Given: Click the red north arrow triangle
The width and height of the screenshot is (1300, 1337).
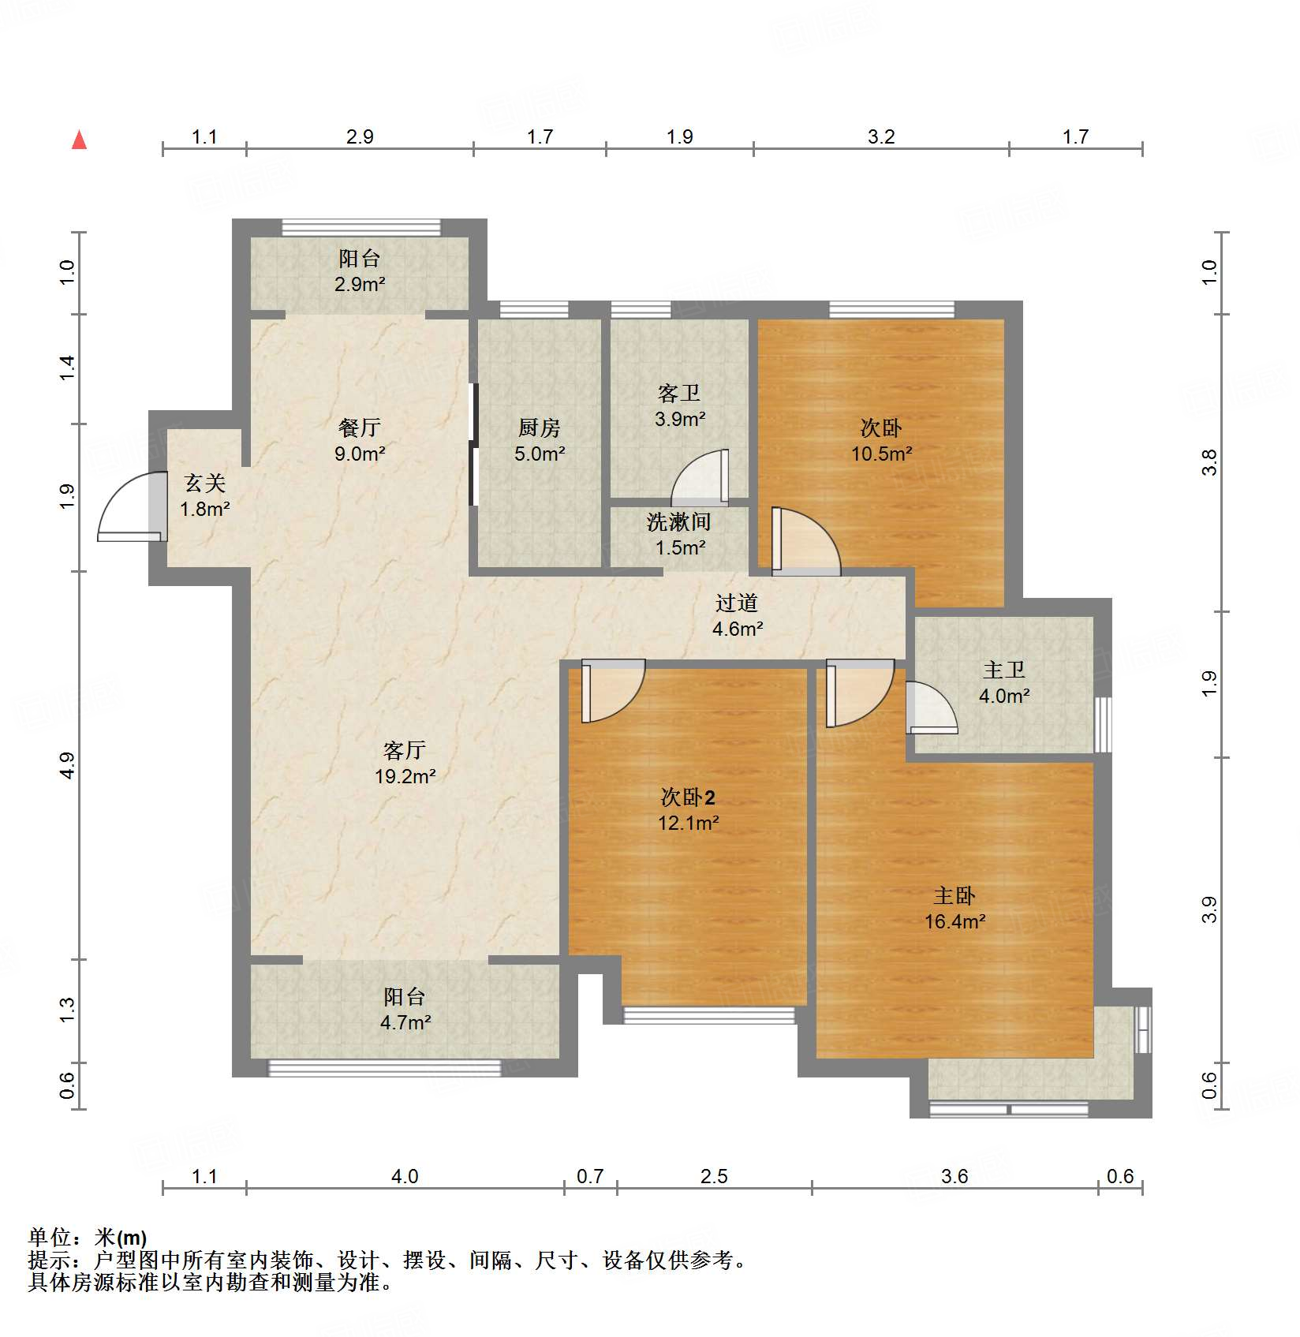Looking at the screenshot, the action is tap(79, 140).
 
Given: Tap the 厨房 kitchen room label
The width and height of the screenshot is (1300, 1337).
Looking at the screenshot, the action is tap(540, 428).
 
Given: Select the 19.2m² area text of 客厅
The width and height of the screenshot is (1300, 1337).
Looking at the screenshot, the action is tap(405, 776).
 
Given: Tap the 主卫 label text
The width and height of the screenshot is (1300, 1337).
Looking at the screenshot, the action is tap(1003, 670).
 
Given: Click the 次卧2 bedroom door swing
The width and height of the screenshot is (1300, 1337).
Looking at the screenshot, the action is tap(612, 693).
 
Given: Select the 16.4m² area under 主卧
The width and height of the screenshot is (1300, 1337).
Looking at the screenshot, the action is tap(954, 921).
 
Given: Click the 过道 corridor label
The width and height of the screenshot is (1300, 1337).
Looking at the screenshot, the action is tap(737, 603).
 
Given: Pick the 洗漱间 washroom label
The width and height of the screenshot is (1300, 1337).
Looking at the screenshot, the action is tap(678, 521).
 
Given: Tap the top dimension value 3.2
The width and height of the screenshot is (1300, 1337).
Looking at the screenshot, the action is tap(881, 136).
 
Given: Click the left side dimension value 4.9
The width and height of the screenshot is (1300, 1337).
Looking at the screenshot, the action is tap(67, 765).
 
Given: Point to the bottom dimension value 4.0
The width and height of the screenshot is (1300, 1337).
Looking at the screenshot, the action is tap(404, 1176).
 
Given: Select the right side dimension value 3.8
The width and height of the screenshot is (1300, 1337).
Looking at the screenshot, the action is tap(1210, 462).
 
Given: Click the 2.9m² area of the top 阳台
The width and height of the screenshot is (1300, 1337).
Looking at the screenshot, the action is tap(359, 284).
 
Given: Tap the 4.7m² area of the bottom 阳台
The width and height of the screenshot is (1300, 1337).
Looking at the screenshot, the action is tap(405, 1022).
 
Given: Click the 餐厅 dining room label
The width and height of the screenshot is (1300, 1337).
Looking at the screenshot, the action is tap(359, 428).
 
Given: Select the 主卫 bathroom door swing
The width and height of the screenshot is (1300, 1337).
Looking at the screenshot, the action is tap(931, 708).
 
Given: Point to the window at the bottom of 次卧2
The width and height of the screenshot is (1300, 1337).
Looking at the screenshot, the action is tap(708, 1016).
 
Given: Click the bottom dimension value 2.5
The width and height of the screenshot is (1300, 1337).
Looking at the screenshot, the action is tap(713, 1176).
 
